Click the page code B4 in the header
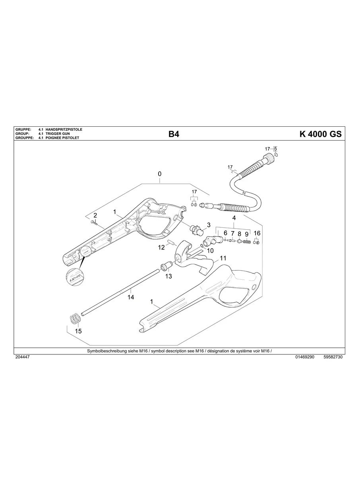174,134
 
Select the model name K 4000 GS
320,134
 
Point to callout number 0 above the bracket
160,174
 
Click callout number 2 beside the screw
95,215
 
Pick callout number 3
209,225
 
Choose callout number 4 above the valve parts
234,218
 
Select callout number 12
161,247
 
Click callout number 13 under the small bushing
168,276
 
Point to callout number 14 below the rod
130,297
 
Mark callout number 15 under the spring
78,331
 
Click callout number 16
257,233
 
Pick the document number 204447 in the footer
22,357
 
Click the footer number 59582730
333,357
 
